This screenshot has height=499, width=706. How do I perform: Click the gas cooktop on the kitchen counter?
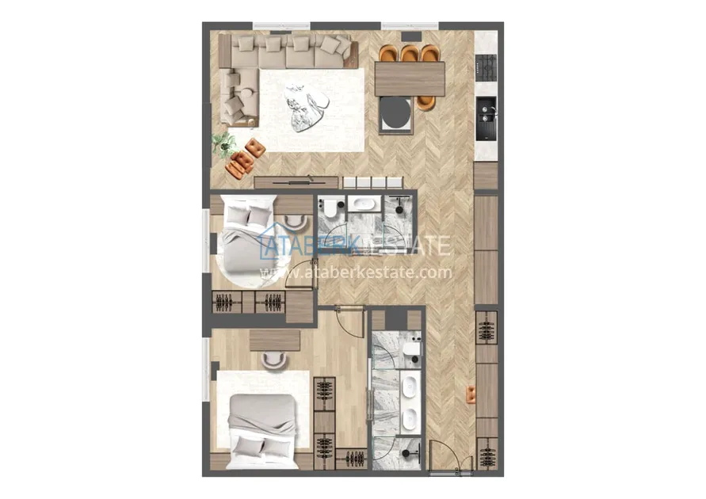pos(487,68)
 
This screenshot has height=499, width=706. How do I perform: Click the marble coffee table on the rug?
pos(306,109)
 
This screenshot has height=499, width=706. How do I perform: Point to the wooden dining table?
pos(410,79)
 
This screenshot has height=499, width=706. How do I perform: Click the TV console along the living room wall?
pos(296,182)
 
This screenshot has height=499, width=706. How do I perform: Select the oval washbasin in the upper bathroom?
pos(364,204)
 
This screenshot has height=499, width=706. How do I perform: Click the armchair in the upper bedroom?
pos(296,221)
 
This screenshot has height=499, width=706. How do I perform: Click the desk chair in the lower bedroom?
pos(274,359)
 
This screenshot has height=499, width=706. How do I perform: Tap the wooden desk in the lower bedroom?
pos(275,340)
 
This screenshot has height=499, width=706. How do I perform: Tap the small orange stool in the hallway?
pos(471,394)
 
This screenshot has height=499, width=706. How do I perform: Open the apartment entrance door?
pos(445,456)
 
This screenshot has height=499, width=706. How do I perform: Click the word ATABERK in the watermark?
pos(311,246)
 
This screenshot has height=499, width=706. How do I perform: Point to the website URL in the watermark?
pos(357,272)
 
